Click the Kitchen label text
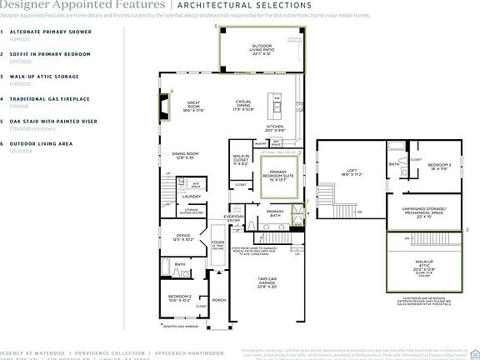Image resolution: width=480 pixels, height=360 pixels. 275,128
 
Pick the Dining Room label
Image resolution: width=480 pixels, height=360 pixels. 185,155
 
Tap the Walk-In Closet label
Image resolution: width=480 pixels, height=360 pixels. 241,160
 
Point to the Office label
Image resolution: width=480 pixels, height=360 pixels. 184,237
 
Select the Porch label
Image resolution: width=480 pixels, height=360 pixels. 219,300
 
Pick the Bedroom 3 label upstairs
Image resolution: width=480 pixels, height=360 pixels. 438,166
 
